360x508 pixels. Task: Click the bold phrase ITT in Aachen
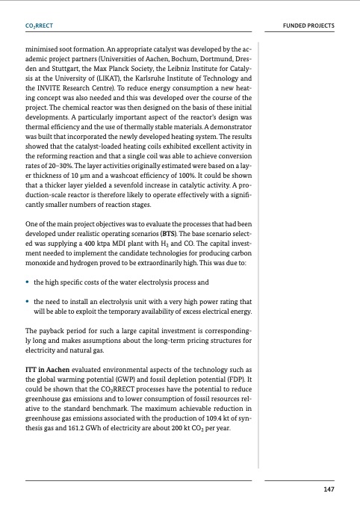(52, 368)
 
